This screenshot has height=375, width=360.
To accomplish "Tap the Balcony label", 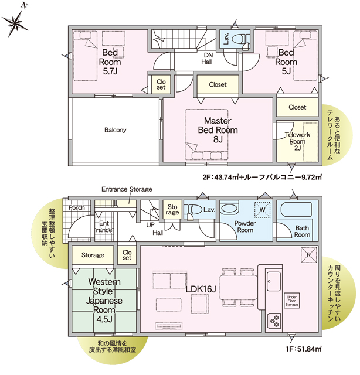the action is pyautogui.click(x=115, y=130).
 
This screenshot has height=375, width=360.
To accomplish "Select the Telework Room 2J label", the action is pyautogui.click(x=297, y=141).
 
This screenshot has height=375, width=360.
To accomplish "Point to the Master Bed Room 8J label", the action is pyautogui.click(x=218, y=130).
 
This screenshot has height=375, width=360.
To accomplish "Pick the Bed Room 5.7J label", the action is pyautogui.click(x=110, y=62).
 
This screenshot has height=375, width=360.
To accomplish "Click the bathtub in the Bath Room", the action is pyautogui.click(x=296, y=210).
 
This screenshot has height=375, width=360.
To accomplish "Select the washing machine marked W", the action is pyautogui.click(x=262, y=210).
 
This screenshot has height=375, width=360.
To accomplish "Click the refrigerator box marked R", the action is pyautogui.click(x=308, y=255).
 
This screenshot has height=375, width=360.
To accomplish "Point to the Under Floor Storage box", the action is pyautogui.click(x=291, y=301).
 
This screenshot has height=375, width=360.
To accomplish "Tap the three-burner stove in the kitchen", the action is pyautogui.click(x=274, y=321).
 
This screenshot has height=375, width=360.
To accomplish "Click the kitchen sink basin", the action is pyautogui.click(x=274, y=281).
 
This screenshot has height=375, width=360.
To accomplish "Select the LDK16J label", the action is pyautogui.click(x=201, y=289).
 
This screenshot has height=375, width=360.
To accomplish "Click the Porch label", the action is pyautogui.click(x=77, y=207).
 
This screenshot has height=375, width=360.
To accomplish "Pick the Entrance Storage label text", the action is pyautogui.click(x=127, y=189).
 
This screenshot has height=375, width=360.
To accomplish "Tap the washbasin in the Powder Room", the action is pyautogui.click(x=229, y=209).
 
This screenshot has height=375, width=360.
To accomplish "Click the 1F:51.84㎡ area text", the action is pyautogui.click(x=303, y=349).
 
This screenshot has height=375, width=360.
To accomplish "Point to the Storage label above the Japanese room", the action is pyautogui.click(x=93, y=255).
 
